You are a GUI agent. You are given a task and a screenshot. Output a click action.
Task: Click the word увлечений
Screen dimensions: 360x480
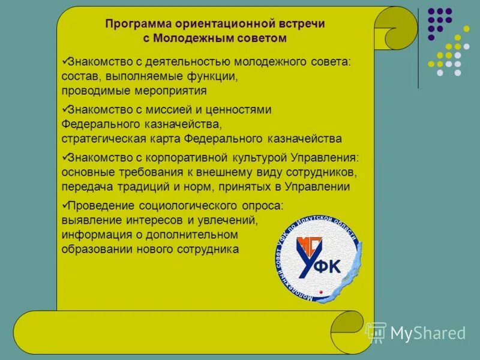click(x=226, y=220)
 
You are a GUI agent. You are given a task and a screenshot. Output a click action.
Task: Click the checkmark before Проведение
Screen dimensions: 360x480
click(x=65, y=205)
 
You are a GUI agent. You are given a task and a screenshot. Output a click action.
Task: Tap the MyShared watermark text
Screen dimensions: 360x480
click(x=427, y=333)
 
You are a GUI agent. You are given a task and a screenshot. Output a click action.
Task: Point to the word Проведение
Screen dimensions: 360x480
click(x=101, y=206)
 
